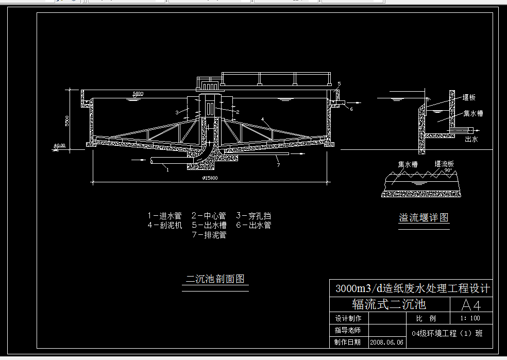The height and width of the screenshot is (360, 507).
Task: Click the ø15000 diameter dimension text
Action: (x=210, y=178)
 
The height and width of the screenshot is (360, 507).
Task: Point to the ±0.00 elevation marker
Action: (x=60, y=146)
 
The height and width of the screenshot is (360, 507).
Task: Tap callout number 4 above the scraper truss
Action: (x=263, y=119)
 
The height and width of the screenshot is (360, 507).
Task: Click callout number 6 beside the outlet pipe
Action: (x=351, y=109)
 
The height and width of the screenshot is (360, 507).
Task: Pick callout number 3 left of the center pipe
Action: (x=176, y=112)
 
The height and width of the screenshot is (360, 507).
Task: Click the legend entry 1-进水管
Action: (x=164, y=216)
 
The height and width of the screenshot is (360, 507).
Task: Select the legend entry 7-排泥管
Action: (x=209, y=235)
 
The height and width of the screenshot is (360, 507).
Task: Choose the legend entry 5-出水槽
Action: (x=209, y=225)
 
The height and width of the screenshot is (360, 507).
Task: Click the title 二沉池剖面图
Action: (x=215, y=279)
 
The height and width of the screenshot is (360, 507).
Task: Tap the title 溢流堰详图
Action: (x=424, y=218)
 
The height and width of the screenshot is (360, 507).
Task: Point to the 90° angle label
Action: (x=448, y=170)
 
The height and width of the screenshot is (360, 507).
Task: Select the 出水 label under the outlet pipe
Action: (x=471, y=139)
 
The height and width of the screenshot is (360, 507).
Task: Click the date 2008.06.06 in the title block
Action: (x=387, y=342)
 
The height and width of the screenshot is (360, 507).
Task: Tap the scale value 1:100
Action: (x=470, y=318)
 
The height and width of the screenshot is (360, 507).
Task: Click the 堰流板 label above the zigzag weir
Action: (x=444, y=164)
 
